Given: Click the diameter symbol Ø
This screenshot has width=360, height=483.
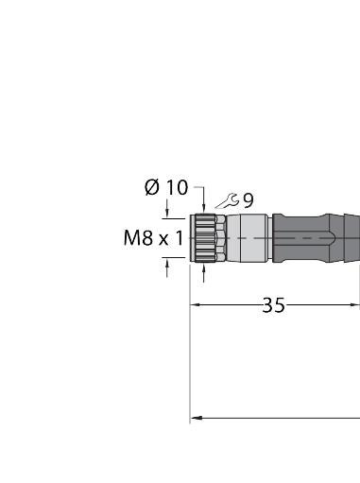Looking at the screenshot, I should coord(151,187).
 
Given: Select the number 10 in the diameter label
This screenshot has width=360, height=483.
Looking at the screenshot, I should coord(177,187).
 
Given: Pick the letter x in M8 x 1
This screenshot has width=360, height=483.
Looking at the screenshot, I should coord(163,240).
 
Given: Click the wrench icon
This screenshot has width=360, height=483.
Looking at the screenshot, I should coord(227,200).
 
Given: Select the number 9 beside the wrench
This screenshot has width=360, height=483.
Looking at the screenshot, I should coord(247,200).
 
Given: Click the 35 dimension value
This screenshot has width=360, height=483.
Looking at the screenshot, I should coord(274,305).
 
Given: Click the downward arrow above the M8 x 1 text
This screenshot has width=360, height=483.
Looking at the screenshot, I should coord(168,216).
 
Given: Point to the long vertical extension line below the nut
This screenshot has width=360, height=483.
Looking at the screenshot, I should coord(191,359).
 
